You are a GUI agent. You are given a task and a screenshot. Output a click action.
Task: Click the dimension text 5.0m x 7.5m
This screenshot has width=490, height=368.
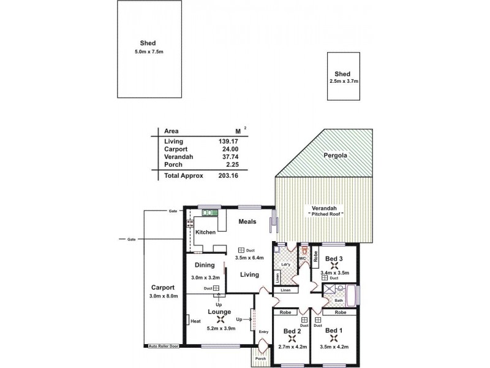pyautogui.click(x=149, y=52)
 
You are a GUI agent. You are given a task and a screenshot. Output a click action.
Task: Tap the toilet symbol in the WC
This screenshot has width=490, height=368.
pyautogui.click(x=302, y=250)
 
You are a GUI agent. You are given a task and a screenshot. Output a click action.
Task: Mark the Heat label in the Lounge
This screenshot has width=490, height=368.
pyautogui.click(x=196, y=321)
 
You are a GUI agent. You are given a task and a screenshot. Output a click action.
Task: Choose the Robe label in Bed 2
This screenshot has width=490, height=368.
pyautogui.click(x=285, y=312)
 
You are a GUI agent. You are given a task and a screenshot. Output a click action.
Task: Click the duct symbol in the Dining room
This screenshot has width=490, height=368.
pyautogui.click(x=216, y=288)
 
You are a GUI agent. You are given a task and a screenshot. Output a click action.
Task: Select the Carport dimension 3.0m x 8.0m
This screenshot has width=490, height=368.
pyautogui.click(x=163, y=296)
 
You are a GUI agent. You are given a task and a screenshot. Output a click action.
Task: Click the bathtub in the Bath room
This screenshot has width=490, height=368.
pyautogui.click(x=352, y=294)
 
